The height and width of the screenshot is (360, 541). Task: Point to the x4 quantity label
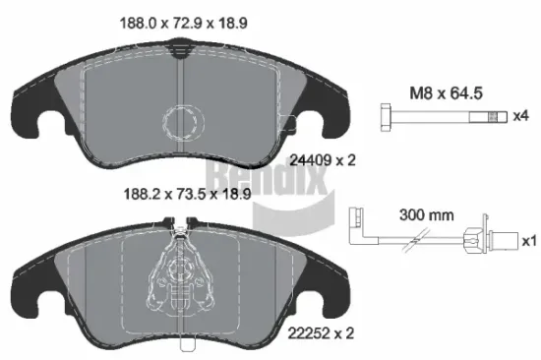point(522,116)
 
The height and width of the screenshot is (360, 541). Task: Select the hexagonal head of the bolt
point(384,116)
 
